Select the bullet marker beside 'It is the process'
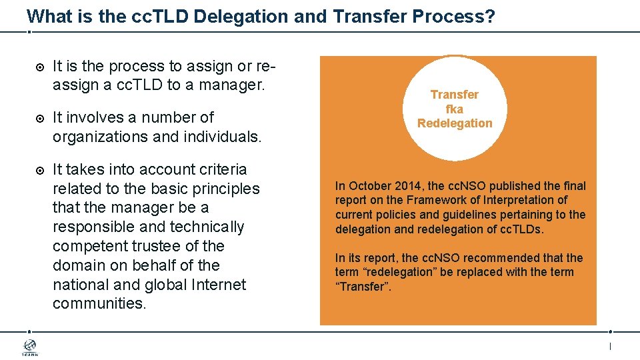(x=39, y=67)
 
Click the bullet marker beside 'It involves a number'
(x=39, y=119)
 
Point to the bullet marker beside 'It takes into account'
(x=39, y=171)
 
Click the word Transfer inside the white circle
(x=455, y=95)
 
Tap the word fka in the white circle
(x=455, y=109)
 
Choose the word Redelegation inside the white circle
(x=455, y=123)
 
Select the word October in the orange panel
(x=368, y=186)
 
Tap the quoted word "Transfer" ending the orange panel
(x=363, y=287)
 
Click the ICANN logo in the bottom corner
(x=30, y=347)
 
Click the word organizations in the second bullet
(x=97, y=137)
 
